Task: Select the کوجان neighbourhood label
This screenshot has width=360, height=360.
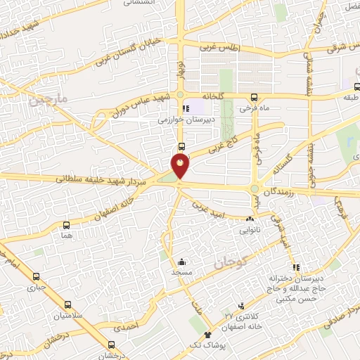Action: (x=228, y=262)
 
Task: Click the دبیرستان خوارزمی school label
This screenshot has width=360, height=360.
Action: (x=184, y=120)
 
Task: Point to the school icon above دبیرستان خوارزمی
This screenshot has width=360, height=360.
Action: (x=185, y=109)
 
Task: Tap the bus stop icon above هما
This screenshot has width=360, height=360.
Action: (x=66, y=226)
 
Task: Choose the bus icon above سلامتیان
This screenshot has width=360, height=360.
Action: (x=67, y=305)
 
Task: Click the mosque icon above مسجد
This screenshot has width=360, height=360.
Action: (x=182, y=260)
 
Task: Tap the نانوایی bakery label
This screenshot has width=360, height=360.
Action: (x=251, y=229)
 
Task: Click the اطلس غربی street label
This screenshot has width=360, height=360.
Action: (x=220, y=49)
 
